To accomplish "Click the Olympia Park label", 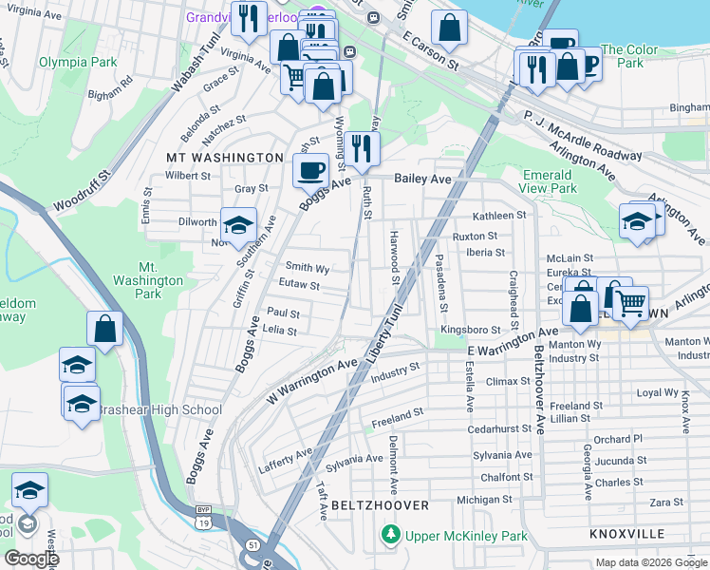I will click(x=78, y=63).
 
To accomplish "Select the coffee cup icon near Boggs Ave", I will click(x=310, y=171).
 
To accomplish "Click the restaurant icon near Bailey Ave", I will click(x=362, y=147).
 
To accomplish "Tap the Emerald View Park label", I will click(x=549, y=181).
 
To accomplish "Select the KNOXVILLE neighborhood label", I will click(x=626, y=534).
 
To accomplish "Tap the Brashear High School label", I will click(x=159, y=410).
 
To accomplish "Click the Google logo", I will click(x=32, y=559).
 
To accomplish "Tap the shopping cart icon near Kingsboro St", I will click(x=629, y=302).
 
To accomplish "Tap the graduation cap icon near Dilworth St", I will click(x=239, y=225).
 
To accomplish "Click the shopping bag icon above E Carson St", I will click(x=449, y=28).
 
